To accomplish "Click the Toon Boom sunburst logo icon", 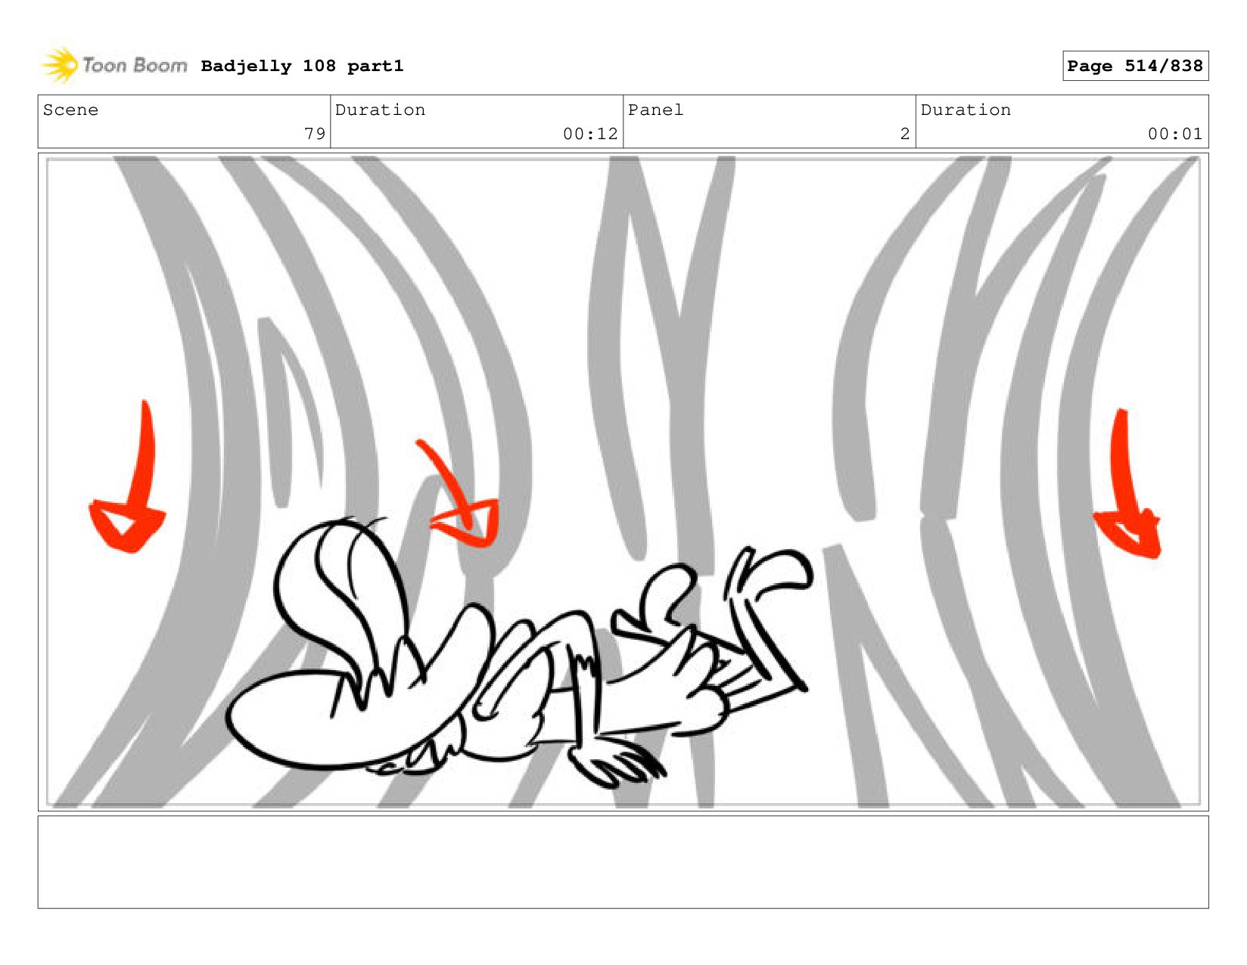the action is pyautogui.click(x=60, y=65).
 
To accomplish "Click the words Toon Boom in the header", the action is pyautogui.click(x=135, y=65).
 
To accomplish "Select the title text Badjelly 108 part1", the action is pyautogui.click(x=303, y=66).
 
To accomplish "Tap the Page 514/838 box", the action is pyautogui.click(x=1135, y=66).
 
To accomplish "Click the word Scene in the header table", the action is pyautogui.click(x=70, y=110).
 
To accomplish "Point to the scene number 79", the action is pyautogui.click(x=315, y=134).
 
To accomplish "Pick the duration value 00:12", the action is pyautogui.click(x=590, y=134).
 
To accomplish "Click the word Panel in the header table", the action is pyautogui.click(x=655, y=110).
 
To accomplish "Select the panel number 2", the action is pyautogui.click(x=905, y=134).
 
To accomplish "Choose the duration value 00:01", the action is pyautogui.click(x=1174, y=134).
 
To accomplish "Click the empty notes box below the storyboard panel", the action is pyautogui.click(x=623, y=862).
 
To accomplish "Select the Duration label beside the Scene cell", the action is pyautogui.click(x=380, y=110).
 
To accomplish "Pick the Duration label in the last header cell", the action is pyautogui.click(x=966, y=110).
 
